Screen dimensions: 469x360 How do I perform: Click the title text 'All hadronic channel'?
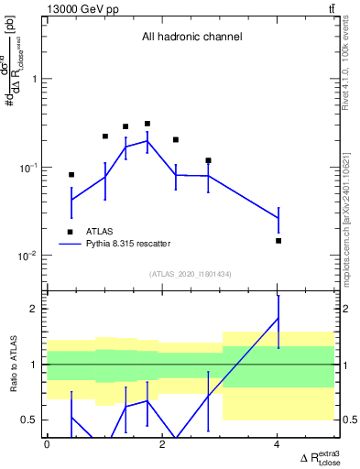tap(191, 38)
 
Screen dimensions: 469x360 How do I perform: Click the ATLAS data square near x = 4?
tap(278, 241)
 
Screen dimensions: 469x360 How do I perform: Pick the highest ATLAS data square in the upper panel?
tap(147, 124)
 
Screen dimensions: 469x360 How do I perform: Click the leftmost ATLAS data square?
tap(71, 174)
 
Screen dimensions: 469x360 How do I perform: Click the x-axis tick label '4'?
tap(278, 445)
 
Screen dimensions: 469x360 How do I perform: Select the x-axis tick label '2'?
tap(162, 445)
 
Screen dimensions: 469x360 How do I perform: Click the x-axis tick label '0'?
tap(47, 445)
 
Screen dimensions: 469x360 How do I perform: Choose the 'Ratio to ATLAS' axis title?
tap(12, 365)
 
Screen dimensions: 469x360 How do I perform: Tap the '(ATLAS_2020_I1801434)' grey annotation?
tap(191, 274)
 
